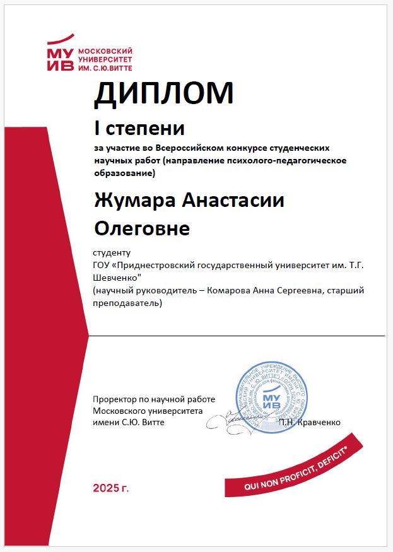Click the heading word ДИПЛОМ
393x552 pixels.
[163, 93]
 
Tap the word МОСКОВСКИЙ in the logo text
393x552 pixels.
[100, 49]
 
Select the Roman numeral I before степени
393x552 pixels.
[97, 129]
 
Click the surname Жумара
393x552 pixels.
[131, 201]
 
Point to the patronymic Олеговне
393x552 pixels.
[141, 228]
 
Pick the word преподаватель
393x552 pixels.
[126, 303]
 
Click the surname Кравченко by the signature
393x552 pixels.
[319, 421]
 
